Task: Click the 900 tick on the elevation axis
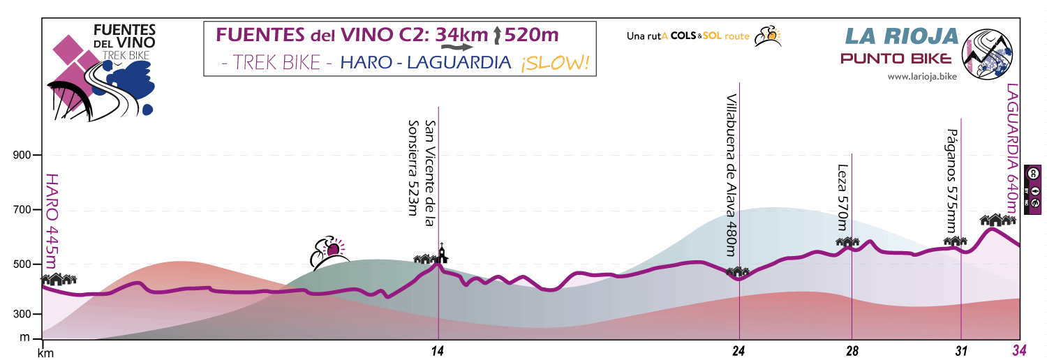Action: (x=23, y=156)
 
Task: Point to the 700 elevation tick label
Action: (x=23, y=210)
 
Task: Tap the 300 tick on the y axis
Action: (x=23, y=315)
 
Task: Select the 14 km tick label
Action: (x=438, y=352)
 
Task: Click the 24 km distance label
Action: (x=739, y=352)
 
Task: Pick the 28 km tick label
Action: (x=852, y=352)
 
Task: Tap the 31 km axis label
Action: (x=961, y=352)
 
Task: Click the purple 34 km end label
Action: (x=1020, y=351)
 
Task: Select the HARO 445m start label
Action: (x=51, y=221)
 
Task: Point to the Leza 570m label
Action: (x=842, y=198)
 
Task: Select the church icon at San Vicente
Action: (x=442, y=253)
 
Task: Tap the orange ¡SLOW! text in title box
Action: (x=555, y=63)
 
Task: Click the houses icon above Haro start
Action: (x=59, y=279)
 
